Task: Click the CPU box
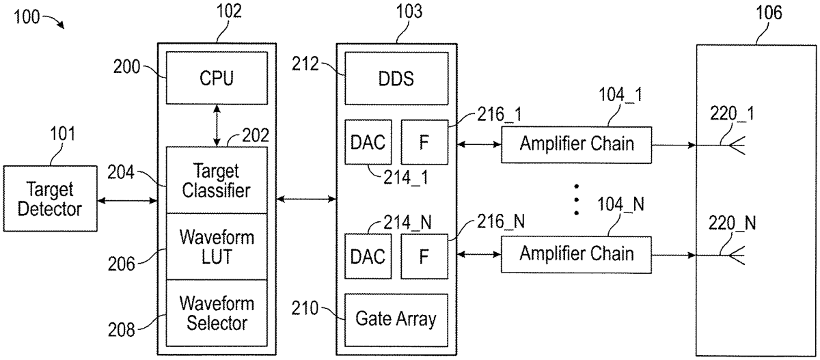point(217,79)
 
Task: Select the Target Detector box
point(49,199)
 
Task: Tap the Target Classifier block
point(217,180)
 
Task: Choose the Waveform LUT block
point(217,247)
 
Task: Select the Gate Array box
point(396,319)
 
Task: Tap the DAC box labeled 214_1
point(366,143)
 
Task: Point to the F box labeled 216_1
point(423,143)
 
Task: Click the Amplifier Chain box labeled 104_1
point(576,145)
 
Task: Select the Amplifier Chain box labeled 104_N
point(576,254)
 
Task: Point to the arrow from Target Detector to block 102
point(128,200)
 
